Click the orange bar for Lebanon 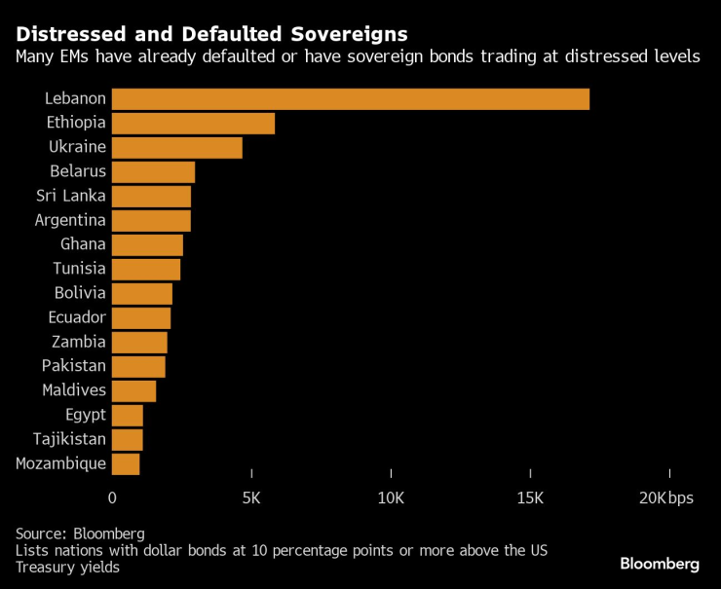click(351, 98)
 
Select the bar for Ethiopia click(193, 123)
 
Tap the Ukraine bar click(177, 147)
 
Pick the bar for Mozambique click(126, 463)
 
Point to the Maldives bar click(133, 390)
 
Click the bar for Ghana click(147, 244)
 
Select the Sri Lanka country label click(70, 196)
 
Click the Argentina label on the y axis click(70, 220)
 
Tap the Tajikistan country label click(69, 439)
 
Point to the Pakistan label click(74, 366)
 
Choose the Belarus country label click(78, 171)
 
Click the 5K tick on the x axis click(251, 497)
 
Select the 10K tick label click(391, 497)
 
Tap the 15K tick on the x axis click(530, 497)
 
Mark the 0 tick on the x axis click(112, 497)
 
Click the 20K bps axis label click(666, 497)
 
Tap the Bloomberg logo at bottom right click(660, 564)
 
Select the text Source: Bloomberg click(80, 534)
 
